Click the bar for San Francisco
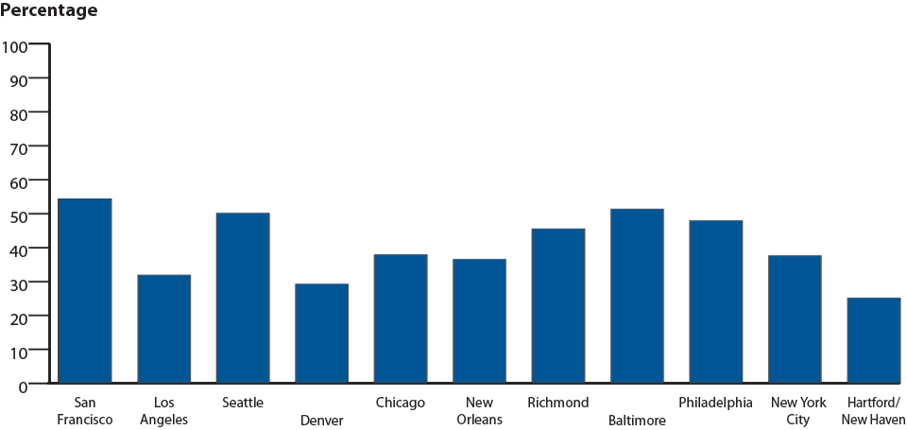85,291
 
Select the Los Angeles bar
163,329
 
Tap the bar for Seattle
243,298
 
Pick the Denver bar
321,334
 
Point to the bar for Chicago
400,318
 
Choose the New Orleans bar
479,321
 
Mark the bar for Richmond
557,306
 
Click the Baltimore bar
637,296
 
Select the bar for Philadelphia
715,301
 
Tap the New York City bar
795,319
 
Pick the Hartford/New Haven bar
873,340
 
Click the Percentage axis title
48,11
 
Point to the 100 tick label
16,44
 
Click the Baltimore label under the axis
637,420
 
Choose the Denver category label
321,420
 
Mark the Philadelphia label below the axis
715,403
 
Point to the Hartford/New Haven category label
873,411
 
